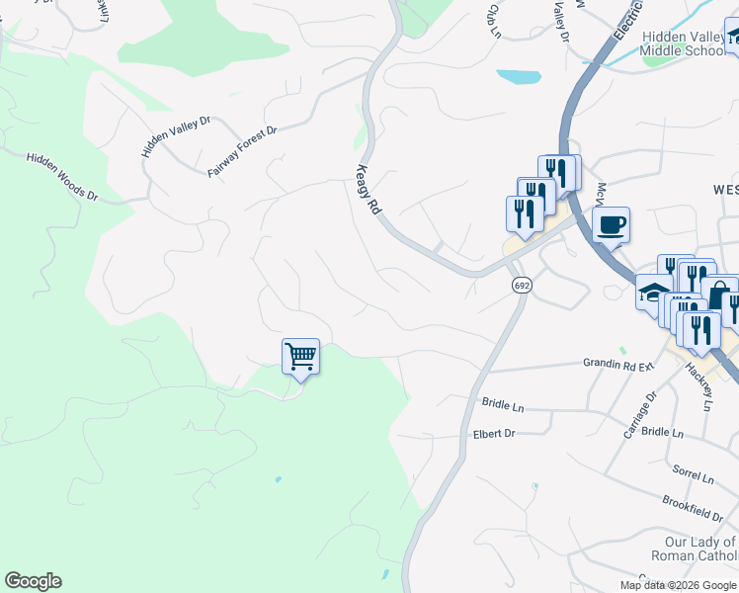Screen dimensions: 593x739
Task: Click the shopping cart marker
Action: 300,356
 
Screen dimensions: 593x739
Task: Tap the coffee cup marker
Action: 611,224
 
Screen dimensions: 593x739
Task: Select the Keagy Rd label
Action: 366,189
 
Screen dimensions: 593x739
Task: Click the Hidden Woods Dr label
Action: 62,176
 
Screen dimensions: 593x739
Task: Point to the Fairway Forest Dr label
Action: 243,151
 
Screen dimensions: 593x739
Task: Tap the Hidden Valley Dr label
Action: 176,136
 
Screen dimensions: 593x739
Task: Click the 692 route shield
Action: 523,285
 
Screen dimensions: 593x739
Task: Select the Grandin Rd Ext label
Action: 618,365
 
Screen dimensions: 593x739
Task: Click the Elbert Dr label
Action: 495,433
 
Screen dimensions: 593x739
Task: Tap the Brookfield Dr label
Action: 694,509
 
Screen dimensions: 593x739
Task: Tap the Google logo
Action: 33,581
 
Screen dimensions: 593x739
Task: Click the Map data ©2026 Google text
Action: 678,585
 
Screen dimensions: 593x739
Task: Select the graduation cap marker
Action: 653,293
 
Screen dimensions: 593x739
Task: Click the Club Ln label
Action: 493,21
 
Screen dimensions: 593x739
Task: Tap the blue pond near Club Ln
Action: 519,76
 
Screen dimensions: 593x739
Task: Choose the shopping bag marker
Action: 721,294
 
